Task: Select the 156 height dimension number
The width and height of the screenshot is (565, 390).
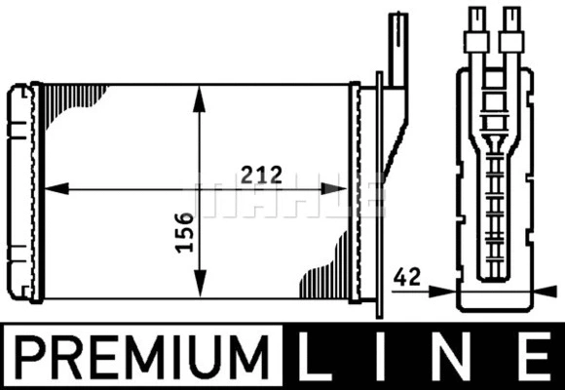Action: point(182,232)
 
